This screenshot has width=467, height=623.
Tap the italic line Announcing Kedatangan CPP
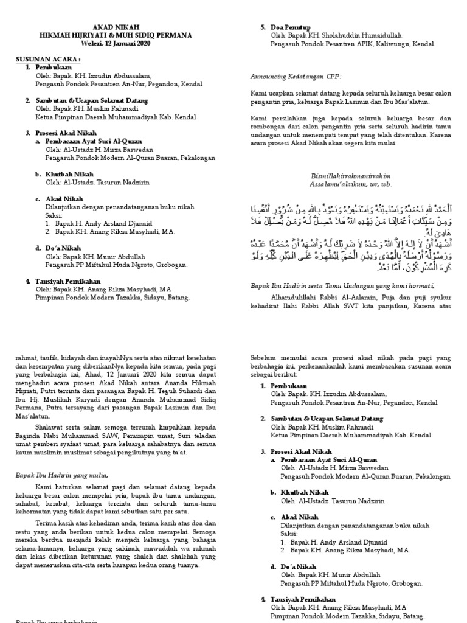[296, 76]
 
